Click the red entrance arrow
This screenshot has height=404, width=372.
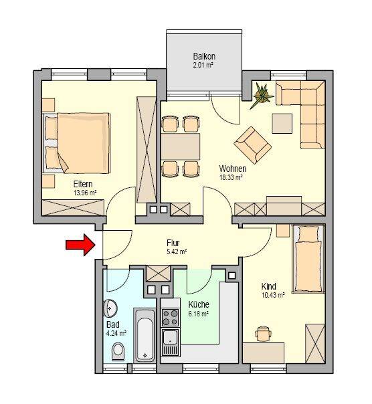80,245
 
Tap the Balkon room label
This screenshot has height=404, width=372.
204,56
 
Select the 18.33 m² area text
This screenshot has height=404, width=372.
231,177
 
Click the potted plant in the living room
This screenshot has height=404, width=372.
262,95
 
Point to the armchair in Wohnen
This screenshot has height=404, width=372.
252,145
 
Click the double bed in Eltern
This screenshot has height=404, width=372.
77,142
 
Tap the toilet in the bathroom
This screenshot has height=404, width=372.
118,351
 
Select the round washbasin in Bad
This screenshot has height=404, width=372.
110,308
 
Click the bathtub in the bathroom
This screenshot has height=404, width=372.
145,335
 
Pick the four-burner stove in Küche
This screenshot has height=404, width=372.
170,318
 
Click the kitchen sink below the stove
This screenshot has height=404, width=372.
170,337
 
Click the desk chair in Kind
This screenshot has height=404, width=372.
263,333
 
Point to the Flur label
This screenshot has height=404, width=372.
173,243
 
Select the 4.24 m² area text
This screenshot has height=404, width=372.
116,333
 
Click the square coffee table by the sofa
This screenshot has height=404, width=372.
282,124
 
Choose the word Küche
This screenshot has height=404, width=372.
199,304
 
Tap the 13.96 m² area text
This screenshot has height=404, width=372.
86,193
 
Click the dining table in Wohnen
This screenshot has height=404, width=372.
181,146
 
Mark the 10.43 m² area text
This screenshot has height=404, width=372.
273,295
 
